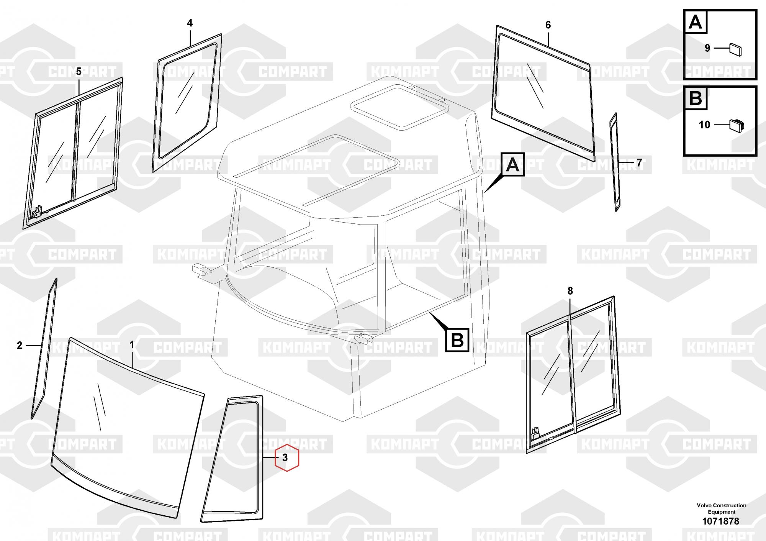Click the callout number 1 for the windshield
132,345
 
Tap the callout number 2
20,346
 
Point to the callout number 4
190,23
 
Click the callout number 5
79,72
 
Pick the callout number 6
548,25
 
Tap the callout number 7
639,163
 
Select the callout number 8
570,291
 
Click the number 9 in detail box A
707,48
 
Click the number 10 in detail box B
704,125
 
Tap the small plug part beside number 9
736,50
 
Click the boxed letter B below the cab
457,340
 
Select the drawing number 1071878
720,521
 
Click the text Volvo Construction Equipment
721,508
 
